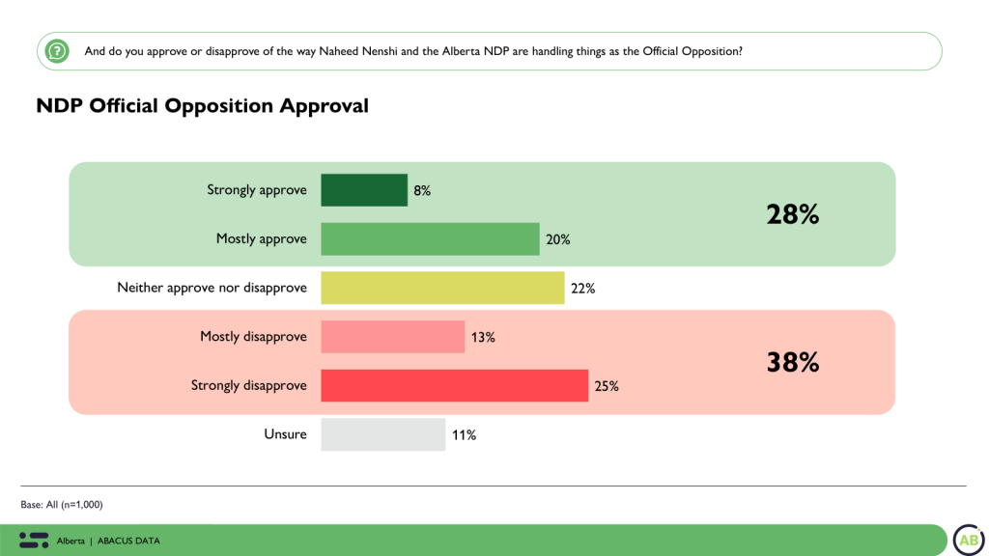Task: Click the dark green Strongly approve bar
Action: coord(364,190)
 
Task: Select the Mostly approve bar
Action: coord(430,238)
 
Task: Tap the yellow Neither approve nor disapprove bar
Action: coord(442,288)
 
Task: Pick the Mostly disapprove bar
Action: coord(392,337)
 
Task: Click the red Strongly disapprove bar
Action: coord(454,385)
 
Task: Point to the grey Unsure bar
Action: coord(382,434)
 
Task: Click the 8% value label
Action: coord(422,190)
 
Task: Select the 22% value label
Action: coord(582,288)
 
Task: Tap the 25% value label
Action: coord(607,386)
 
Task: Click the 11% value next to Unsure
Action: coord(464,435)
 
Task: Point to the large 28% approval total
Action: coord(793,214)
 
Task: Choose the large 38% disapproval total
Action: coord(793,362)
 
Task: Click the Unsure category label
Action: coord(285,434)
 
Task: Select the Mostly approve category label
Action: coord(261,238)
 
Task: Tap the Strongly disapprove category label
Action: coord(248,385)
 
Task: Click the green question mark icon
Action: coord(57,50)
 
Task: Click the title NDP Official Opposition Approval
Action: coord(203,106)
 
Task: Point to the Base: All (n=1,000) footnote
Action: coord(62,505)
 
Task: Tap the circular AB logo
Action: coord(968,540)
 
